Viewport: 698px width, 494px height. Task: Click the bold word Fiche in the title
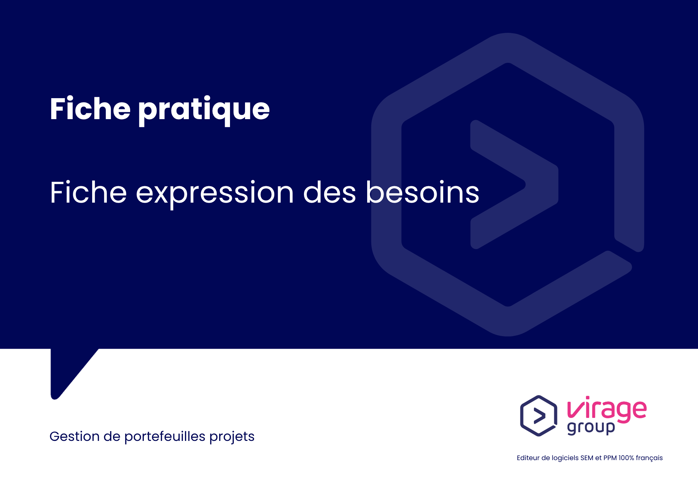(90, 109)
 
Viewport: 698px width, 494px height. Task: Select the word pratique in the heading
(204, 110)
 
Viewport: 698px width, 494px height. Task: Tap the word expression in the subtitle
(215, 193)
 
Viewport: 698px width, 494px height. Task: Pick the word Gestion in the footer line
(74, 437)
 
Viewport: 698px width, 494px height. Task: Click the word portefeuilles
(165, 437)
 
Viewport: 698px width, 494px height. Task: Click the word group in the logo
(591, 428)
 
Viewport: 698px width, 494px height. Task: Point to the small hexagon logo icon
(539, 416)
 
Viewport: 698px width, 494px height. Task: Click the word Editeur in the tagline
(528, 458)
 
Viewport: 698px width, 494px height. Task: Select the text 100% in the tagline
(626, 458)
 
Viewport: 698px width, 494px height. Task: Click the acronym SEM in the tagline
(587, 458)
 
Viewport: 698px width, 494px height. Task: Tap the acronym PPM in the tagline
(610, 458)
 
